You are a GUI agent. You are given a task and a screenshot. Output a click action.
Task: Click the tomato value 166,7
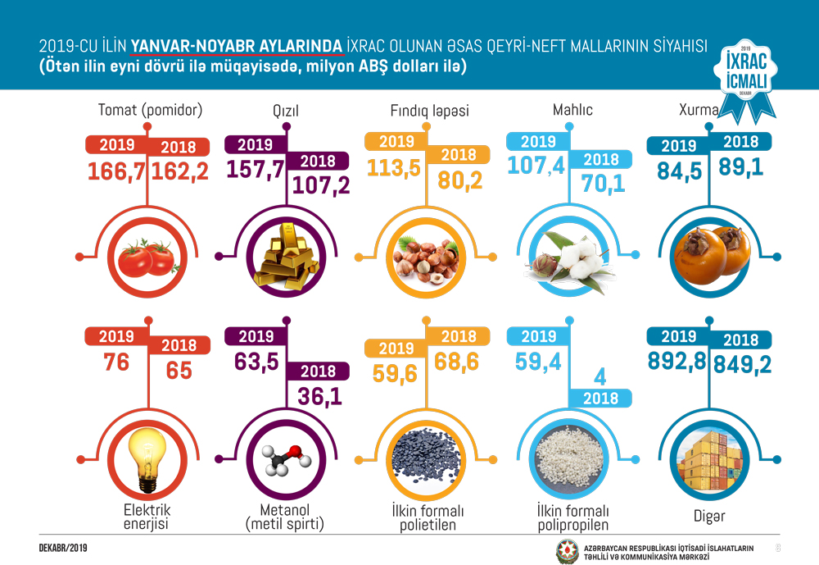pyautogui.click(x=117, y=172)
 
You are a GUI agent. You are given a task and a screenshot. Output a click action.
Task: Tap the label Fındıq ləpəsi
pyautogui.click(x=429, y=110)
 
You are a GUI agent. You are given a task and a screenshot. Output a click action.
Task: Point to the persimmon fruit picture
pyautogui.click(x=707, y=255)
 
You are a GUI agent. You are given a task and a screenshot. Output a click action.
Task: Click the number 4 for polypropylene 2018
pyautogui.click(x=600, y=377)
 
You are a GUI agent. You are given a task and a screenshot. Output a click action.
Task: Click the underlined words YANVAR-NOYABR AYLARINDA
pyautogui.click(x=238, y=47)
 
